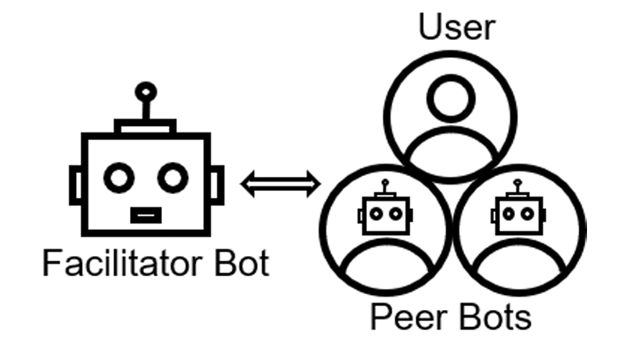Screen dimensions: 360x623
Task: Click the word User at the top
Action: (456, 25)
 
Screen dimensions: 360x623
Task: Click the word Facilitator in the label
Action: (116, 264)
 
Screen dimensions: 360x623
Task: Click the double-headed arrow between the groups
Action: (280, 185)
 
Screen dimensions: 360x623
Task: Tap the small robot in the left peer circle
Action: (384, 211)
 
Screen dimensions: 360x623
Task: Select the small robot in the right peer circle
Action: (518, 211)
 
